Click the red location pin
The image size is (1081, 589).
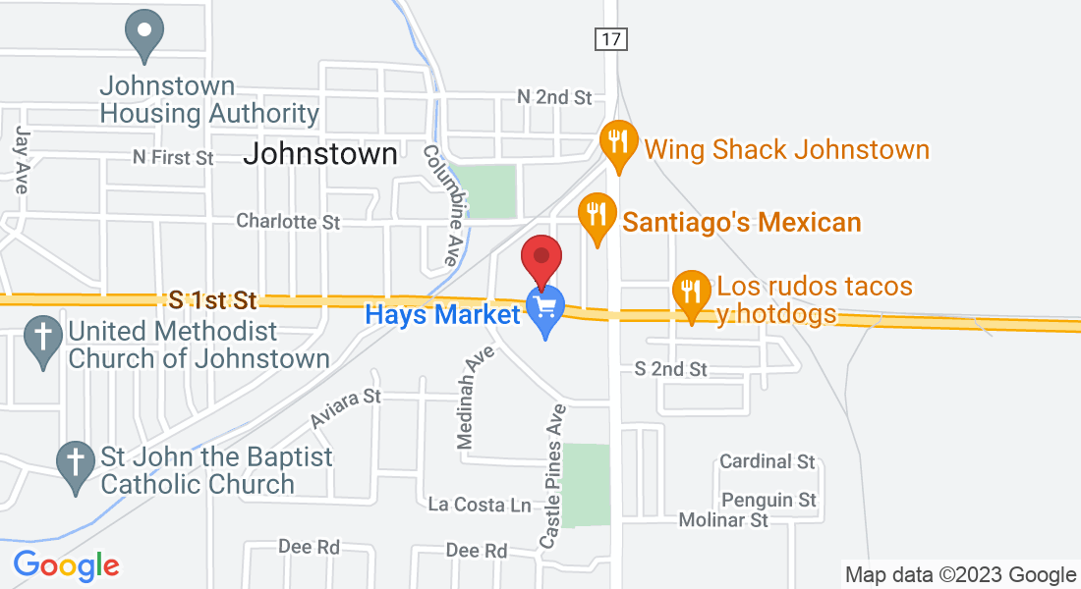pyautogui.click(x=540, y=259)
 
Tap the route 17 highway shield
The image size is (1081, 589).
pyautogui.click(x=610, y=39)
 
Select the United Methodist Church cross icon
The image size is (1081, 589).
pyautogui.click(x=43, y=339)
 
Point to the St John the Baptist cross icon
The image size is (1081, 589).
pyautogui.click(x=75, y=463)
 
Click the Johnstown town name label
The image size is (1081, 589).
pyautogui.click(x=320, y=154)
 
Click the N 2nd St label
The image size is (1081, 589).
pyautogui.click(x=555, y=97)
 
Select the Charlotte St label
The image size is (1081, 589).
pyautogui.click(x=288, y=222)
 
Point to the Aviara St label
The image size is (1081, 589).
pyautogui.click(x=345, y=407)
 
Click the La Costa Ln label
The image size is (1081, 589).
pyautogui.click(x=480, y=505)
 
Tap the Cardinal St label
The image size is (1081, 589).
pyautogui.click(x=768, y=461)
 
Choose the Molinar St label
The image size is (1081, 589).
pyautogui.click(x=724, y=520)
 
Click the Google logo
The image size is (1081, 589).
pyautogui.click(x=66, y=566)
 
